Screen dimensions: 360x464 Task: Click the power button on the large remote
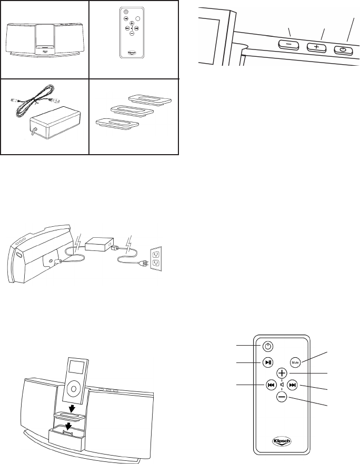pos(268,347)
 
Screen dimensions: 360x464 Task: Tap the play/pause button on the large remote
pos(268,362)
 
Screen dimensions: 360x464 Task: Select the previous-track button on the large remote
pos(271,385)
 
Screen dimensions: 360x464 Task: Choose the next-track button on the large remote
pos(294,385)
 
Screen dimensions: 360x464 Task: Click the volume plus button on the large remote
pos(282,373)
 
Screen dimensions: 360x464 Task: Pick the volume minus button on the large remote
pos(282,398)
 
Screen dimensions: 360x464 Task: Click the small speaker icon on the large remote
pos(283,385)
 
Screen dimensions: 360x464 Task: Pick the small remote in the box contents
pos(131,33)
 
